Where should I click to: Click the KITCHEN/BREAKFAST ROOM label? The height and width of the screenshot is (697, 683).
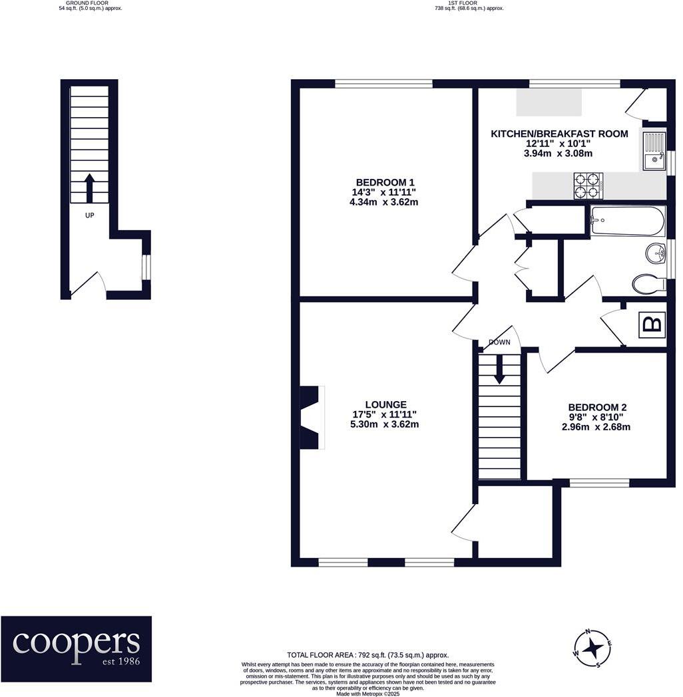pyautogui.click(x=559, y=134)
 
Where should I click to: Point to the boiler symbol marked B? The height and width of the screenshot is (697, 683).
pyautogui.click(x=652, y=325)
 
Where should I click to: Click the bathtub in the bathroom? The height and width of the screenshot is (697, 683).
pyautogui.click(x=627, y=220)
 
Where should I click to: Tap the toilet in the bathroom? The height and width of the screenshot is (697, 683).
pyautogui.click(x=648, y=285)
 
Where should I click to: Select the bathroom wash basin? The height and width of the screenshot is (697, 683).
pyautogui.click(x=656, y=253)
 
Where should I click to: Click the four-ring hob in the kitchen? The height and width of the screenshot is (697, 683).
pyautogui.click(x=588, y=186)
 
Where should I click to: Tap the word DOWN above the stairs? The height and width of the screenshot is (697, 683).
pyautogui.click(x=499, y=343)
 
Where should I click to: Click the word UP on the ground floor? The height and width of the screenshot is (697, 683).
pyautogui.click(x=89, y=215)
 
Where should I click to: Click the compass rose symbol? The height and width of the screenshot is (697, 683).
pyautogui.click(x=589, y=647)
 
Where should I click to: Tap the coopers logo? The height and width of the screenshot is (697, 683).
pyautogui.click(x=76, y=641)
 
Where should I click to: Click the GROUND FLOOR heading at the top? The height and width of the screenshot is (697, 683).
pyautogui.click(x=91, y=6)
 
